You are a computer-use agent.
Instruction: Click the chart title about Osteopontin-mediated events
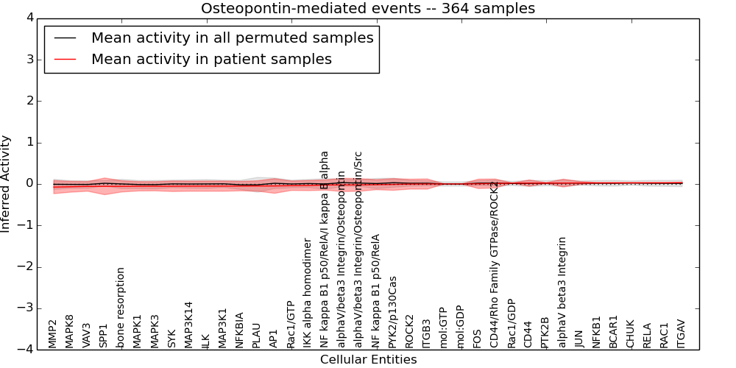coord(368,9)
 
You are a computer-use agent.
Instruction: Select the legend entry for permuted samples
coord(232,38)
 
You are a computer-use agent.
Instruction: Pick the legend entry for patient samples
coord(211,60)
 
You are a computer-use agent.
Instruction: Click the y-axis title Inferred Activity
coord(7,184)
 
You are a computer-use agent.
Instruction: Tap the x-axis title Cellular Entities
coord(368,360)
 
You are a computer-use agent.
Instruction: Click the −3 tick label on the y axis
coord(24,308)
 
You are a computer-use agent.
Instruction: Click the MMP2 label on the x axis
coord(52,333)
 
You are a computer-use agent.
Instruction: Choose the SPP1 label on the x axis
coord(104,335)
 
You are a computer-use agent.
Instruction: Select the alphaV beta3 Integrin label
coord(563,291)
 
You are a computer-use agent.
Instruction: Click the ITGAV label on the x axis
coord(682,333)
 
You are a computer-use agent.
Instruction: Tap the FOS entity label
coord(478,337)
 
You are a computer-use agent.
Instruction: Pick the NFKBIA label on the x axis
coord(239,330)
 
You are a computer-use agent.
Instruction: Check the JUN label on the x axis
coord(580,337)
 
